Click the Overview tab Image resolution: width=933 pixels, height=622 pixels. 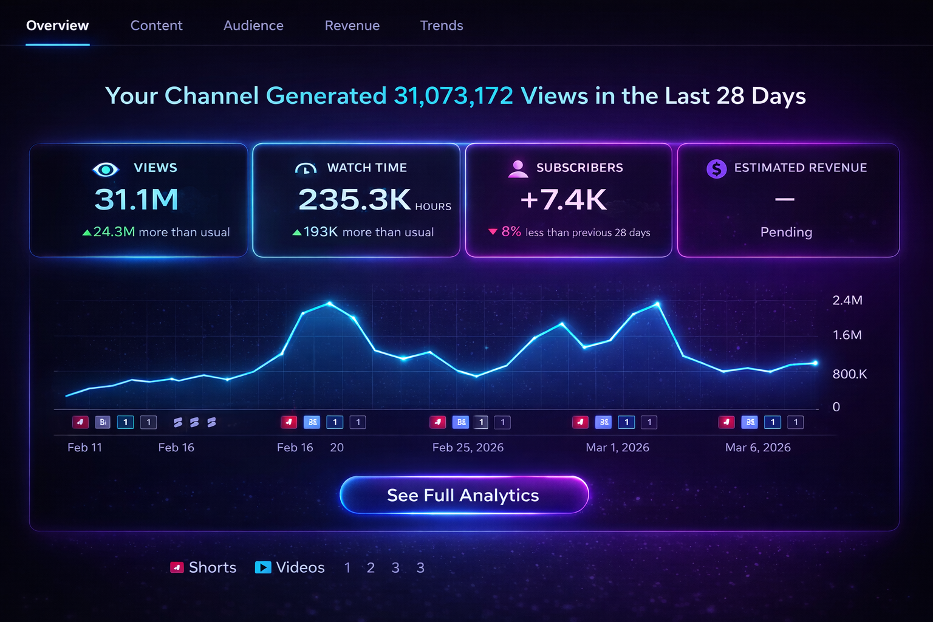tap(57, 26)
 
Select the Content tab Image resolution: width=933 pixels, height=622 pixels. tap(156, 26)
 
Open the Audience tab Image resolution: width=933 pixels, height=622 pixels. tap(253, 26)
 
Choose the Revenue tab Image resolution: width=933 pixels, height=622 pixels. tap(352, 26)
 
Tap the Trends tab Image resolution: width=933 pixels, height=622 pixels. tap(442, 26)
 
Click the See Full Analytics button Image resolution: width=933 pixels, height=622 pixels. tap(464, 495)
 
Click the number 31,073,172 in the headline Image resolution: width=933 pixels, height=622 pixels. tap(453, 96)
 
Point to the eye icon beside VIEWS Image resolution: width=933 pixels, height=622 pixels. tap(105, 169)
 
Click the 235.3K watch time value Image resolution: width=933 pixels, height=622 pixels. tap(355, 199)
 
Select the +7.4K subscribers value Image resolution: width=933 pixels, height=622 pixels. tap(563, 199)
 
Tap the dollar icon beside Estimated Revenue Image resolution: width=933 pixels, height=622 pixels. tap(717, 168)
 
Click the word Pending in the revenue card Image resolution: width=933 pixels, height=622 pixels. tap(786, 232)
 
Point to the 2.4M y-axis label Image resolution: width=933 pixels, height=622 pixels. tap(847, 300)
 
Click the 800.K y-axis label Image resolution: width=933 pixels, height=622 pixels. tap(849, 374)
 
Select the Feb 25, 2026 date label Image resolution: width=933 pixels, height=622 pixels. tap(468, 448)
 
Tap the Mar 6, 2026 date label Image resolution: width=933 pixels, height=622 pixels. tap(757, 448)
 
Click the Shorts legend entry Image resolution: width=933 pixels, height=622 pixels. tap(203, 567)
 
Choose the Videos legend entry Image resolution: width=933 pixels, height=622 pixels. tap(290, 567)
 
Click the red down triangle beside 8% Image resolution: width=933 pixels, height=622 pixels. tap(493, 231)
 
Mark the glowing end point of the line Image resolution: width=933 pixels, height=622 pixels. tap(815, 363)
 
